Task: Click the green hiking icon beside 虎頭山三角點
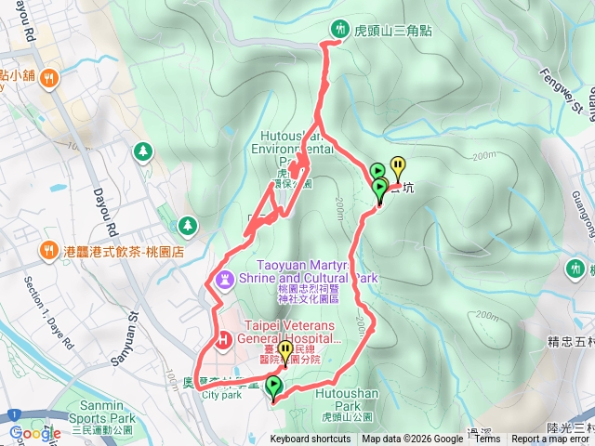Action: [x=340, y=30]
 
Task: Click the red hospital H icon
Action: [x=223, y=341]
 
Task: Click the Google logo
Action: [x=35, y=433]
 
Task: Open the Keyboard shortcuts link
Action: [x=311, y=439]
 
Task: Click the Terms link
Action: [x=487, y=439]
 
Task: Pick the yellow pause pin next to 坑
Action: [x=398, y=167]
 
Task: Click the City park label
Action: [x=221, y=394]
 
